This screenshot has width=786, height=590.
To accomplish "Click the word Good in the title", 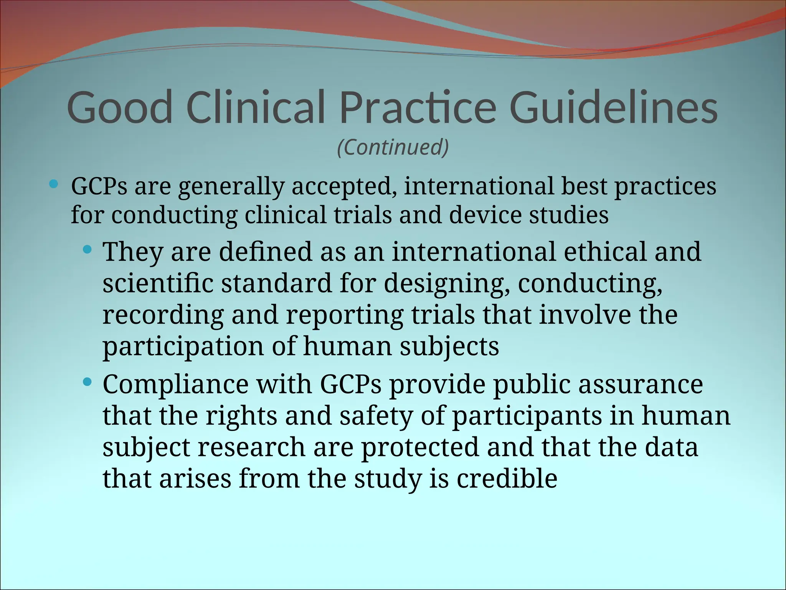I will (120, 108).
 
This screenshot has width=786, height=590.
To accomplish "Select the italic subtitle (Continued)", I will (393, 147).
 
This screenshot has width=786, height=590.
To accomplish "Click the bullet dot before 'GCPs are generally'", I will (54, 184).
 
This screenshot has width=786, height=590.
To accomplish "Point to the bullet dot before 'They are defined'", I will (88, 250).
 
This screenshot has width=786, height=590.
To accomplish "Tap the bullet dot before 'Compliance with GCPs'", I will (88, 382).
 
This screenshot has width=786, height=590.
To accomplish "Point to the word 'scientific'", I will (158, 283).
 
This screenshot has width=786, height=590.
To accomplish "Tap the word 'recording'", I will (163, 316).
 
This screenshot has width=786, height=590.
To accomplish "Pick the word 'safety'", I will (376, 416).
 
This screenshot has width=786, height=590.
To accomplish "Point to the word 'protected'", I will (420, 448).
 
